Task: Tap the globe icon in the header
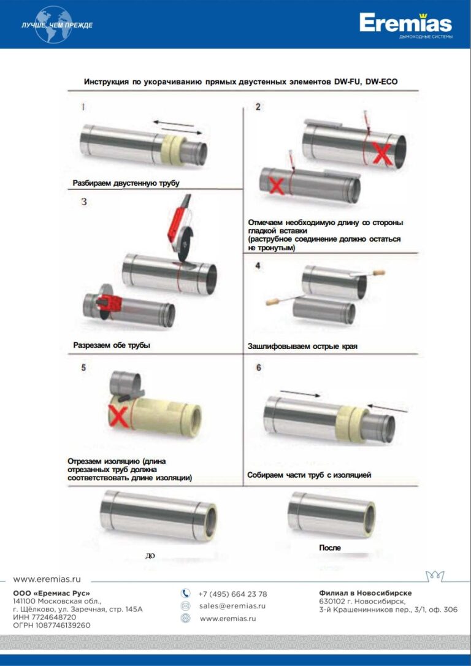tap(54, 25)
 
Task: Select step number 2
tap(258, 107)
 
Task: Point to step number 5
tap(83, 367)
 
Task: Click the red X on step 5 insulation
tap(118, 416)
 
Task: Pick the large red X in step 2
tap(382, 154)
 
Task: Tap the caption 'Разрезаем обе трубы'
tap(112, 345)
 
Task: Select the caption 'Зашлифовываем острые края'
tap(302, 346)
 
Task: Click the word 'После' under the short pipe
tap(329, 548)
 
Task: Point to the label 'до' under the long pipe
tap(150, 556)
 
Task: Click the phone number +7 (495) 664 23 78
tap(232, 594)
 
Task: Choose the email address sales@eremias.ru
tap(232, 606)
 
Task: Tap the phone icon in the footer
tap(186, 594)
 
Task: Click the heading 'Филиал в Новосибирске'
tap(366, 593)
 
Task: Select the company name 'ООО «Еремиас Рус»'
tap(52, 594)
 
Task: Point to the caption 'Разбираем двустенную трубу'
tap(126, 183)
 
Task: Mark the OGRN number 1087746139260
tap(52, 626)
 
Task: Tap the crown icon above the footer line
tap(435, 576)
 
